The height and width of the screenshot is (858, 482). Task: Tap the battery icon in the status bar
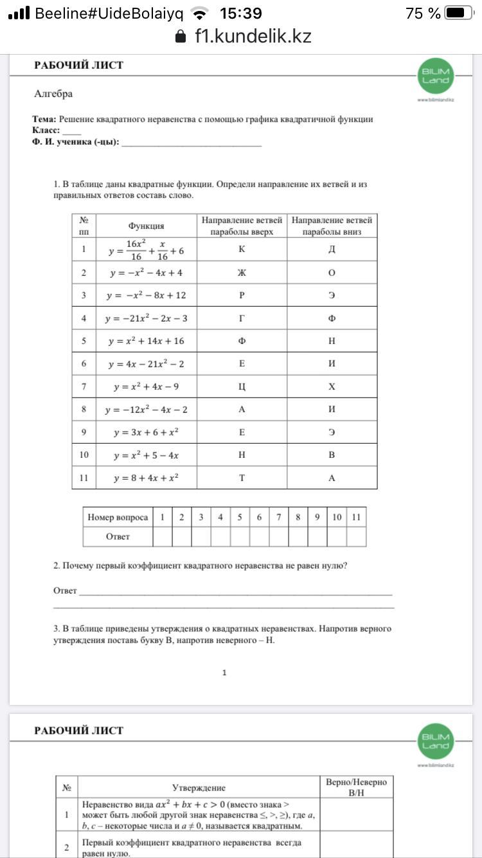[x=458, y=13]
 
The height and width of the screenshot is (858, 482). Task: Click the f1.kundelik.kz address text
[x=253, y=36]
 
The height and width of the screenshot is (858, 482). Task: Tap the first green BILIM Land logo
[x=435, y=77]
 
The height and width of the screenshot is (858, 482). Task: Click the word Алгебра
[x=53, y=94]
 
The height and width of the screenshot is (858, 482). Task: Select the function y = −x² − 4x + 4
[x=146, y=273]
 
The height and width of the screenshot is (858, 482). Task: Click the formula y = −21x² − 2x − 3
[x=146, y=318]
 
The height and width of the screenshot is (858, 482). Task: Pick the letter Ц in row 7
[x=242, y=387]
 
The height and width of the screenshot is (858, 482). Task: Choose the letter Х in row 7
[x=332, y=387]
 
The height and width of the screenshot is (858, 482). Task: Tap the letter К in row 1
[x=242, y=250]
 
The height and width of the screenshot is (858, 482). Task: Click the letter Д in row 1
[x=332, y=250]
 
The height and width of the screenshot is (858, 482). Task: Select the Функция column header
[x=146, y=226]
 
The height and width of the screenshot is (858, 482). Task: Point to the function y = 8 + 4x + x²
[x=146, y=478]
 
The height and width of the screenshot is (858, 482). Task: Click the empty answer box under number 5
[x=240, y=536]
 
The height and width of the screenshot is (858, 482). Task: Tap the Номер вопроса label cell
[x=118, y=517]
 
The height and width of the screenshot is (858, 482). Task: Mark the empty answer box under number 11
[x=356, y=536]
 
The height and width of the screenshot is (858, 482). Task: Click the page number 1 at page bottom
[x=224, y=673]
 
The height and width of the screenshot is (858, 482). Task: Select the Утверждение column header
[x=199, y=787]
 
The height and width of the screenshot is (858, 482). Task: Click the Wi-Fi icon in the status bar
[x=201, y=13]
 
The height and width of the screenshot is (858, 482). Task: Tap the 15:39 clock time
[x=240, y=13]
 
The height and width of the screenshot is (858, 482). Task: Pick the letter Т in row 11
[x=242, y=478]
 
